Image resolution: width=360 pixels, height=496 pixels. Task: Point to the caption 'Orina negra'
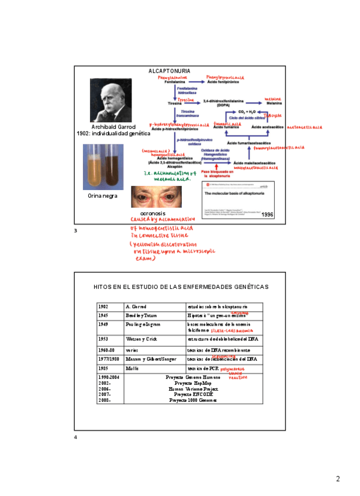click(x=102, y=196)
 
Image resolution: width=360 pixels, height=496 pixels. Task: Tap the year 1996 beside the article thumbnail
click(x=268, y=215)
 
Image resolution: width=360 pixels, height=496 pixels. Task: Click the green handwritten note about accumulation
click(x=168, y=176)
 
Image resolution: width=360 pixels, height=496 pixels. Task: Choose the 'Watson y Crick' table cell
click(x=138, y=339)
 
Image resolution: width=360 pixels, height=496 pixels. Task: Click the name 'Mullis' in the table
click(x=131, y=368)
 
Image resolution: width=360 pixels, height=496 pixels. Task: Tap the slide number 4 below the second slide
click(x=75, y=438)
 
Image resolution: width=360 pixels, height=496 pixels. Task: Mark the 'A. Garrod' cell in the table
click(x=136, y=306)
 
